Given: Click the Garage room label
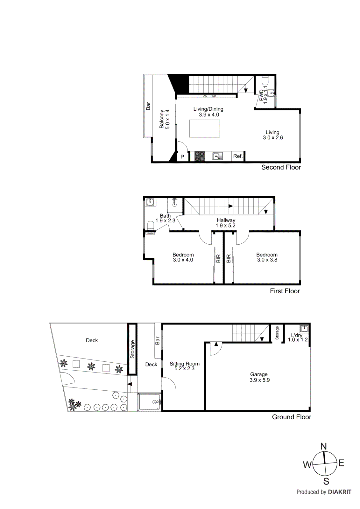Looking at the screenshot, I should (259, 377).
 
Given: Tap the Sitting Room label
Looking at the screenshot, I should (184, 366).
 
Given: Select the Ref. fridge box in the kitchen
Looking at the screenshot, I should (238, 156).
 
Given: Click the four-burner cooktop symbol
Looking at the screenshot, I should (200, 156).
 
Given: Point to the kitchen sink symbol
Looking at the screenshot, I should (218, 156).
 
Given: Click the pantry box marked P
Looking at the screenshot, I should (182, 157).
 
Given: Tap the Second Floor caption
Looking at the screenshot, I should (281, 167).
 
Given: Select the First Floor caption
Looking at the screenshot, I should (285, 291).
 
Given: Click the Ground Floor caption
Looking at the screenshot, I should (291, 417).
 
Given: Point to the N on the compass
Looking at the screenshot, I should (323, 446).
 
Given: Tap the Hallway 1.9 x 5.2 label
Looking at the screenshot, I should (226, 223).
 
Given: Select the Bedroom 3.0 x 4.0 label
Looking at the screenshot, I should (183, 257).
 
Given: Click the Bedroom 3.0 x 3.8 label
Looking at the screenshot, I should (267, 257).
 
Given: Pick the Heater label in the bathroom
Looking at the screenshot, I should (150, 233).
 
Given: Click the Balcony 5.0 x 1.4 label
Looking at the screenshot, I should (165, 119).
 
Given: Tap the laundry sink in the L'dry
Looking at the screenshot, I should (304, 328).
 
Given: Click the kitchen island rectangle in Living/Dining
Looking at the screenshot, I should (204, 129).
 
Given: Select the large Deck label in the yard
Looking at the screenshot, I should (92, 340).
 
